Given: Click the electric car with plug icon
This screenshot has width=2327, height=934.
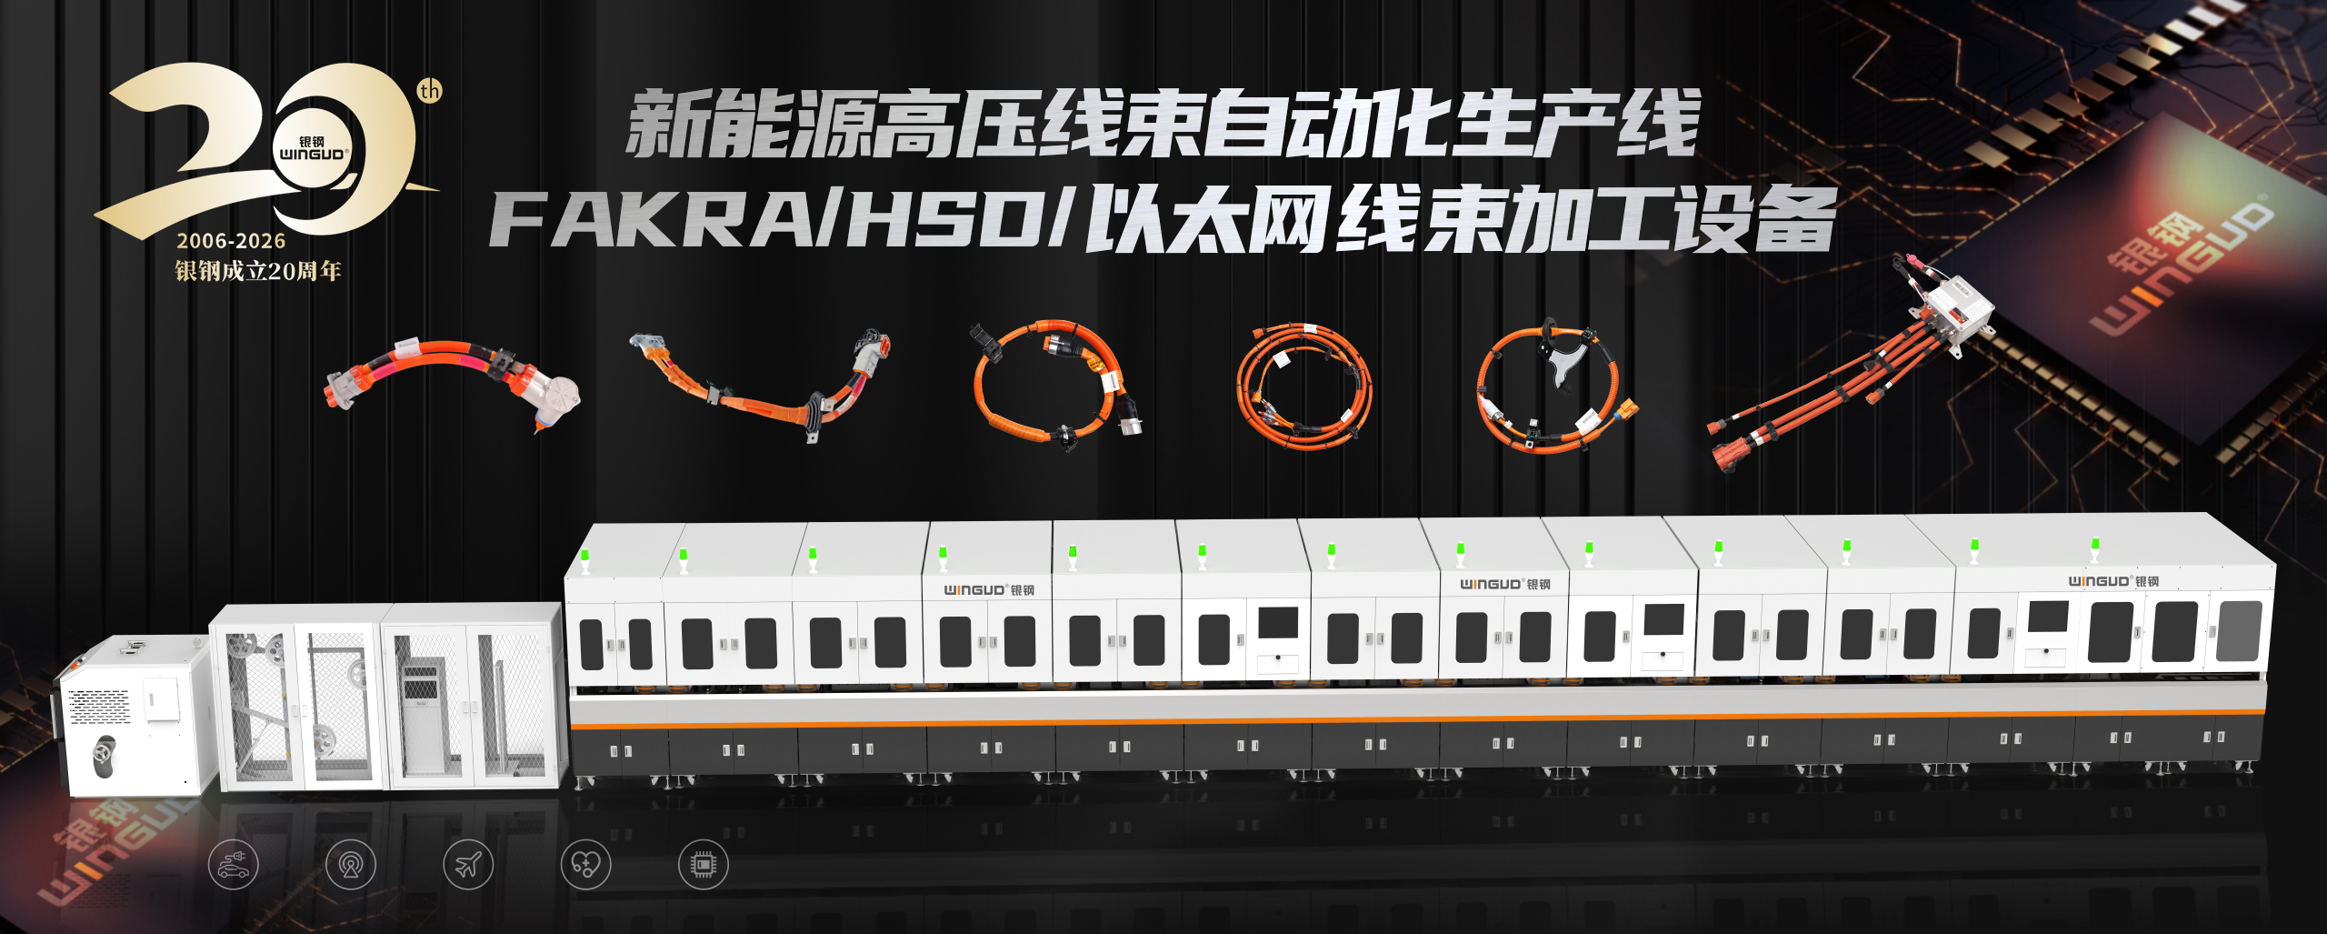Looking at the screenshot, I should pos(234,864).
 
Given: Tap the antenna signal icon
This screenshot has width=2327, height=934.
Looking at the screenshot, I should pos(351,864).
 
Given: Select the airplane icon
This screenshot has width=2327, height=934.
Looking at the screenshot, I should pos(468,864).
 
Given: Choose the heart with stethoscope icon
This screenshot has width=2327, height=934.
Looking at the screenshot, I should pos(585,864).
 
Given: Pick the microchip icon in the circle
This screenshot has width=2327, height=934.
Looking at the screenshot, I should pos(703,864).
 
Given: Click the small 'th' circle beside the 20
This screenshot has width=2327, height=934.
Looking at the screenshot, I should pos(430,91).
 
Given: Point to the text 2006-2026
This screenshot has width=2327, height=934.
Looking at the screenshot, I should pos(231,241).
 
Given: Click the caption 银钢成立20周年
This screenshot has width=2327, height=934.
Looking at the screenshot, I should pos(258,271).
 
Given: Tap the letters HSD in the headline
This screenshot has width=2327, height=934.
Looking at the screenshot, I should pos(945,221).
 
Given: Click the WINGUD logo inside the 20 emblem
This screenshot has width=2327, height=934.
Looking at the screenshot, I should pos(312,150).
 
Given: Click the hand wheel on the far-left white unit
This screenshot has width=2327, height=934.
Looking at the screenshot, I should pos(103,754).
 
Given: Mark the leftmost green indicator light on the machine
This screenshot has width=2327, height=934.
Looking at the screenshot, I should pos(585,555).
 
